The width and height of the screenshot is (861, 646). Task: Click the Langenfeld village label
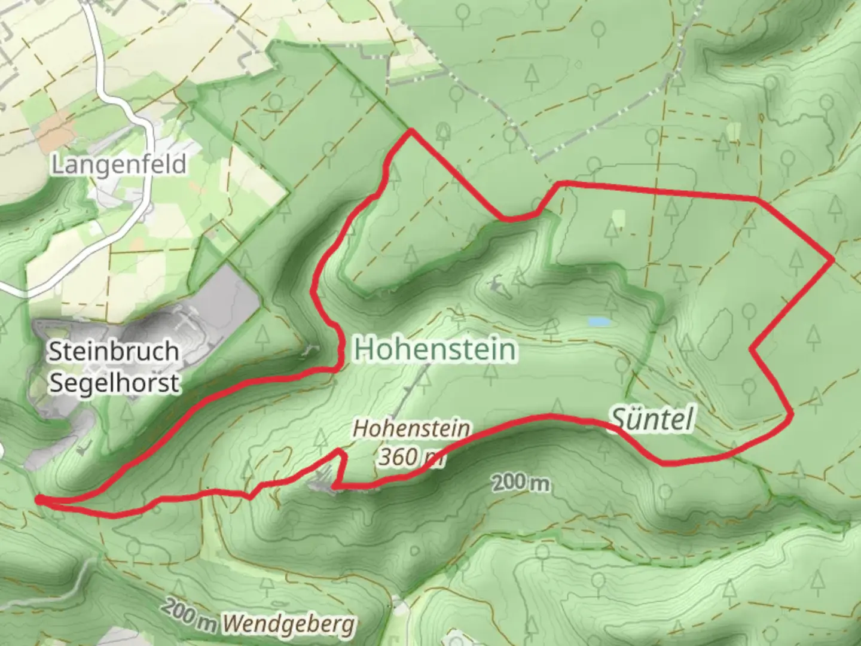click(118, 164)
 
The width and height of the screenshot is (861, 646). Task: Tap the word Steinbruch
click(113, 351)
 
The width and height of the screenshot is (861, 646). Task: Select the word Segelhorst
click(114, 382)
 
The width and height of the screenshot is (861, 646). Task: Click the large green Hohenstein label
click(435, 349)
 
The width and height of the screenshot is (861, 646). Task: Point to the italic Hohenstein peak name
click(411, 428)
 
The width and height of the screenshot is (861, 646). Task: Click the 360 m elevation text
click(411, 457)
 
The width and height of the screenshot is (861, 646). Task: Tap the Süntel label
click(652, 419)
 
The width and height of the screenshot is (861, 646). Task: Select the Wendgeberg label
click(289, 625)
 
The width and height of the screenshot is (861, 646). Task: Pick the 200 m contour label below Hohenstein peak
click(520, 482)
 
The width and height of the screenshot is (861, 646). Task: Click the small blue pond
click(599, 322)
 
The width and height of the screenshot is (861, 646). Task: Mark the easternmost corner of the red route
click(832, 260)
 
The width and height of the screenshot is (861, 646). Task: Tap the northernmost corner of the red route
click(410, 130)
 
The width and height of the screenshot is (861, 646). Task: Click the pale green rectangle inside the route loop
click(618, 218)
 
